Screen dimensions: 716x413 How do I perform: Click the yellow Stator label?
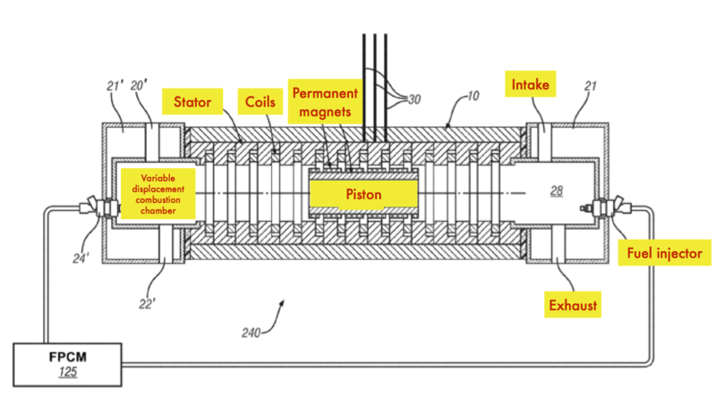[x=192, y=102]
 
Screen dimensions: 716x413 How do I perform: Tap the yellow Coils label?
[x=260, y=102]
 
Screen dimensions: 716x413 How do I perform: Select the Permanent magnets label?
[x=325, y=102]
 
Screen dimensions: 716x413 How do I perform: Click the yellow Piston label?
[x=363, y=194]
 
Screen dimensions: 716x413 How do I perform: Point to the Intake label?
[x=530, y=84]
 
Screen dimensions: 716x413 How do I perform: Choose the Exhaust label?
[x=573, y=305]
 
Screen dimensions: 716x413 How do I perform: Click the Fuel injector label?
[x=664, y=253]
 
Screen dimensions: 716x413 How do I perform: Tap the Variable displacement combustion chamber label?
[x=158, y=194]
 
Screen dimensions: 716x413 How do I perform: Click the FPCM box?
[x=68, y=365]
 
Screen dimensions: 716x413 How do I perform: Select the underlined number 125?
[x=68, y=372]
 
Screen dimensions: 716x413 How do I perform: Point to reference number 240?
[x=251, y=333]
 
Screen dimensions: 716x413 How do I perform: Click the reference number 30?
[x=414, y=99]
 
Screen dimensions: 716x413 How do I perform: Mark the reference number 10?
[x=473, y=96]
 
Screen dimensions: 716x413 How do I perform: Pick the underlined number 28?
[x=556, y=190]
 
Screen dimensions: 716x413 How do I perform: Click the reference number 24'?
[x=81, y=258]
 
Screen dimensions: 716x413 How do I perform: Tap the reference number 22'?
[x=147, y=304]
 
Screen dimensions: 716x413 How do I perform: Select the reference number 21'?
[x=115, y=86]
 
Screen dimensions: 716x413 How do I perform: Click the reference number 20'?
[x=139, y=86]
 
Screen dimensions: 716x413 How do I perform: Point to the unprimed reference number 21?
[x=591, y=86]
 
